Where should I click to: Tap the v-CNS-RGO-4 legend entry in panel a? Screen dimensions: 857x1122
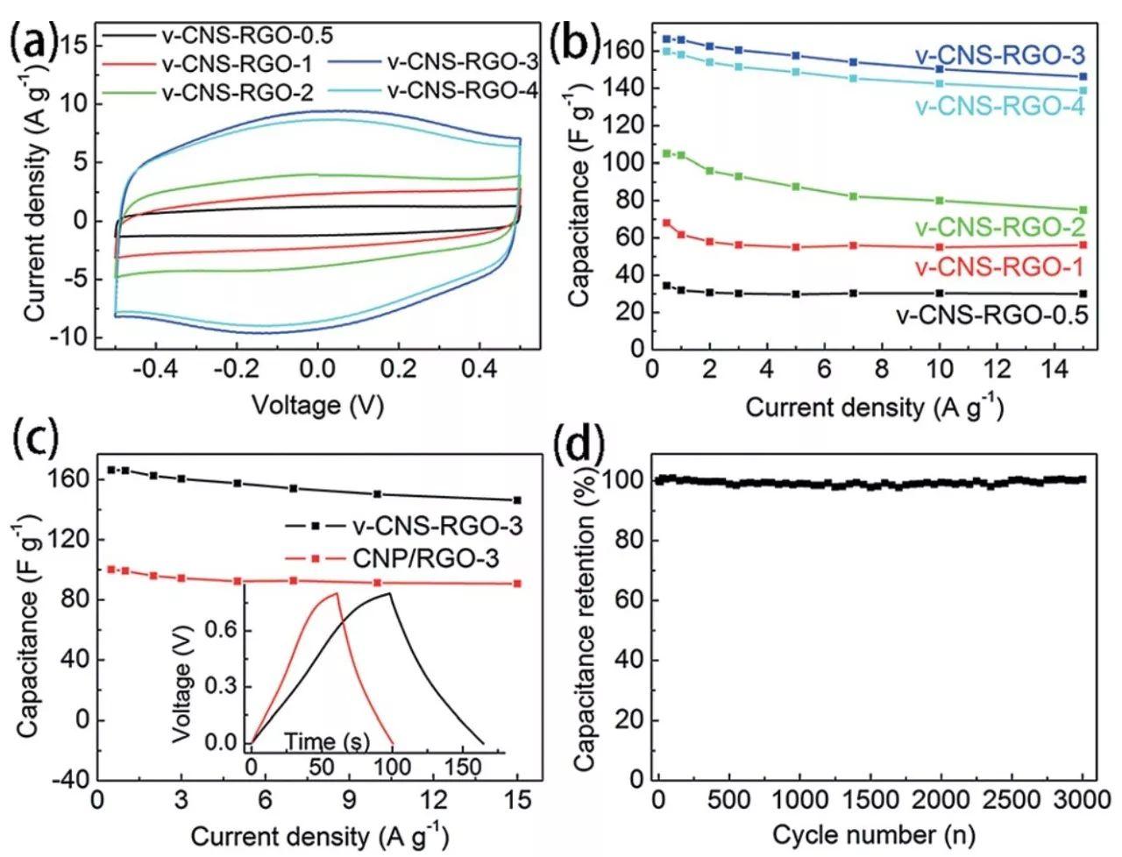(x=462, y=91)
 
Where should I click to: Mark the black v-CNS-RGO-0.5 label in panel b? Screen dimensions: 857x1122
(x=991, y=315)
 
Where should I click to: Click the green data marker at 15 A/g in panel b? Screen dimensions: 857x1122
(x=1083, y=210)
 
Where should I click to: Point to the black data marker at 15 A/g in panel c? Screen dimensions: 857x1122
(x=517, y=500)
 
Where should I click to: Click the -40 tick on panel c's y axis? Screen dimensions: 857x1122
(x=67, y=781)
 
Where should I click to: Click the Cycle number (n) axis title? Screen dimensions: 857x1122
(x=872, y=834)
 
